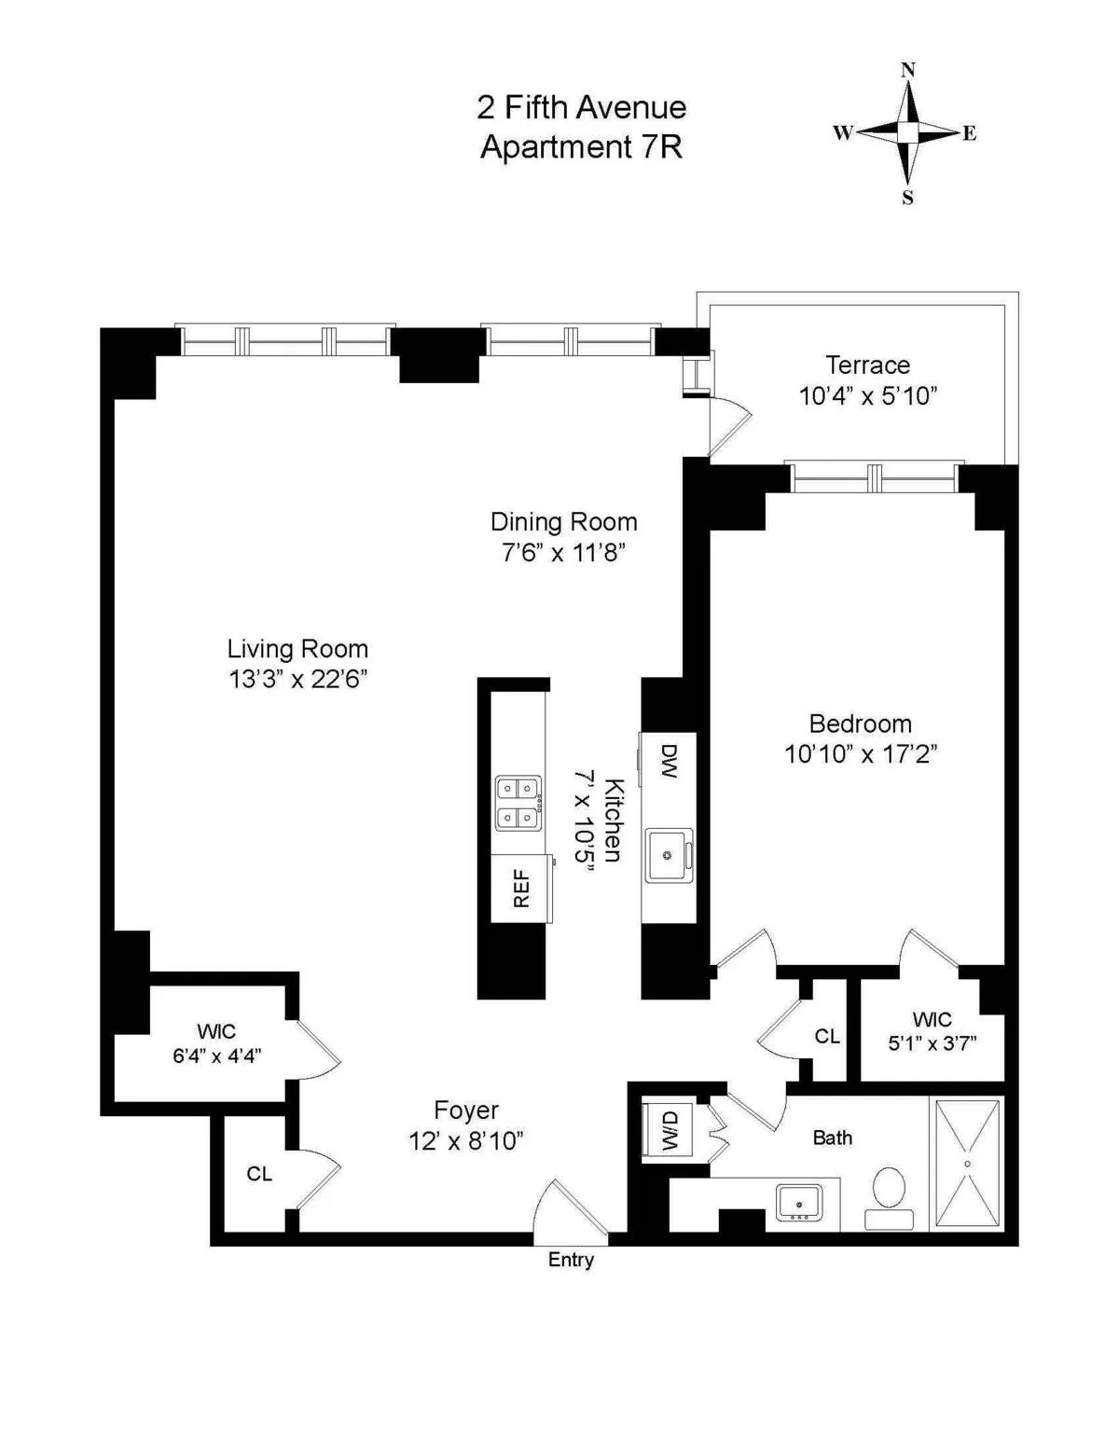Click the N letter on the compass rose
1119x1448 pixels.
point(907,70)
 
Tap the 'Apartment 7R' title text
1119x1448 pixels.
point(581,147)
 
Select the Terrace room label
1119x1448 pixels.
point(867,365)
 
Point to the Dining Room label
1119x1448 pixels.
point(563,522)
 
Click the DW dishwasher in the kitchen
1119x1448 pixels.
point(668,762)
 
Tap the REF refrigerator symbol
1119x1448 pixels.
point(521,889)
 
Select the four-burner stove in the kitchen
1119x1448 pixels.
point(518,803)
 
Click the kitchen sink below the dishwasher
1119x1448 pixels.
point(668,856)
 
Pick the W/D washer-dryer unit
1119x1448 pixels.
point(669,1130)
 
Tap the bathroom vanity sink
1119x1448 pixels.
point(799,1204)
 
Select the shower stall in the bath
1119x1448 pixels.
point(967,1164)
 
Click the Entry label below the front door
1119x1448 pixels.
point(571,1260)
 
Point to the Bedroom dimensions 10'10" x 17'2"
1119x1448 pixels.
point(860,754)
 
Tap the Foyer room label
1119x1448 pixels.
point(465,1110)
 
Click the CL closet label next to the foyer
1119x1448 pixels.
point(259,1174)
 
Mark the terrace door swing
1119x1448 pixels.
point(730,426)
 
